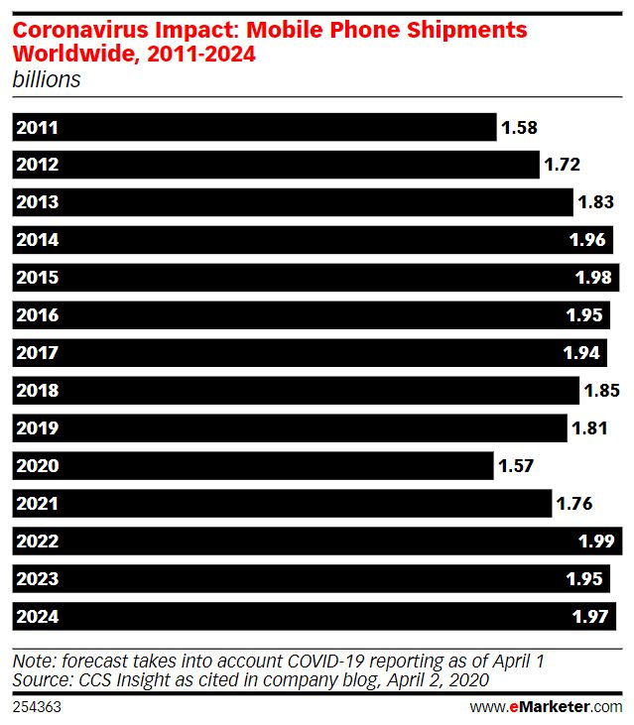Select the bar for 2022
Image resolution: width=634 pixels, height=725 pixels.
click(x=317, y=542)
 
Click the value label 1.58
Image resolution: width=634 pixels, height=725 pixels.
click(x=519, y=127)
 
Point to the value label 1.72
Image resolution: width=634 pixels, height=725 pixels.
click(x=562, y=165)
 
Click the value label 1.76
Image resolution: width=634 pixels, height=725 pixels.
click(x=574, y=504)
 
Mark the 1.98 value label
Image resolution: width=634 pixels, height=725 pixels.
click(x=593, y=278)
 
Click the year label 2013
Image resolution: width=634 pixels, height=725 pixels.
click(x=37, y=202)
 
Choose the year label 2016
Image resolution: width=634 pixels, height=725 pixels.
click(x=37, y=315)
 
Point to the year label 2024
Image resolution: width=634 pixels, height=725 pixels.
click(x=37, y=617)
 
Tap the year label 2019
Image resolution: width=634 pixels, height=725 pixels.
click(x=37, y=428)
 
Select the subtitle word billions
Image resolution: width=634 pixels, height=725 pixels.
click(x=46, y=80)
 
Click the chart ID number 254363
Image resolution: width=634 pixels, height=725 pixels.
click(x=36, y=706)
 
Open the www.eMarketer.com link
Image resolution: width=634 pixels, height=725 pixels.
click(x=545, y=706)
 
